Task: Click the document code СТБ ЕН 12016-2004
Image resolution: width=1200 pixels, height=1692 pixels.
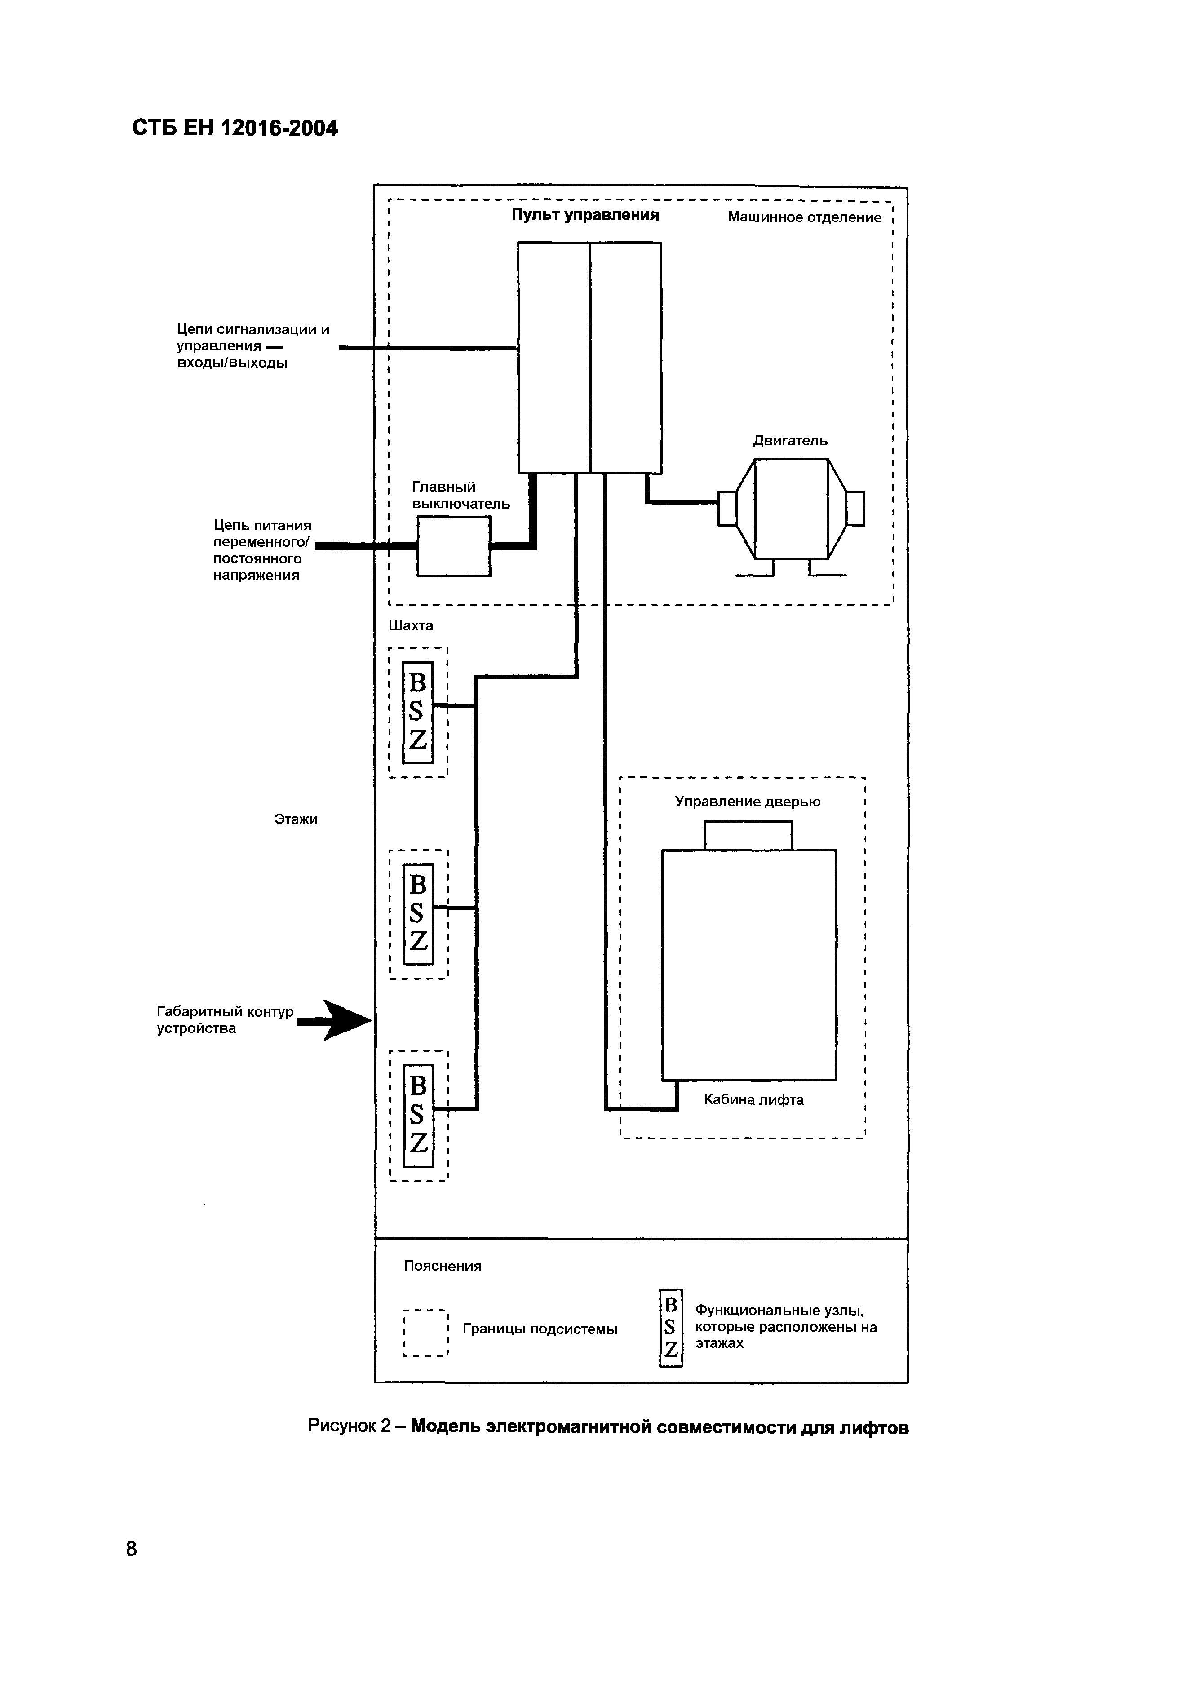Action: click(235, 128)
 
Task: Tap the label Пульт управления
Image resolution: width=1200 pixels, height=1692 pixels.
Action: click(585, 215)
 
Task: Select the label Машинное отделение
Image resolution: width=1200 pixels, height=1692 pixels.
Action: click(804, 217)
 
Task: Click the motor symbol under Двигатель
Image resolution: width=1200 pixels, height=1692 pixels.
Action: click(791, 509)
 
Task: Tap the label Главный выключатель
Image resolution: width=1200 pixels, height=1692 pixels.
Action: click(461, 495)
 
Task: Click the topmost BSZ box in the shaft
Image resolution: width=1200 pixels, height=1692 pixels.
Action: click(417, 712)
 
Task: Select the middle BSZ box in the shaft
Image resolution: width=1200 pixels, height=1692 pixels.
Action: click(417, 914)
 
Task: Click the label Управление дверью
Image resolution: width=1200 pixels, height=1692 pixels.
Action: click(747, 802)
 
